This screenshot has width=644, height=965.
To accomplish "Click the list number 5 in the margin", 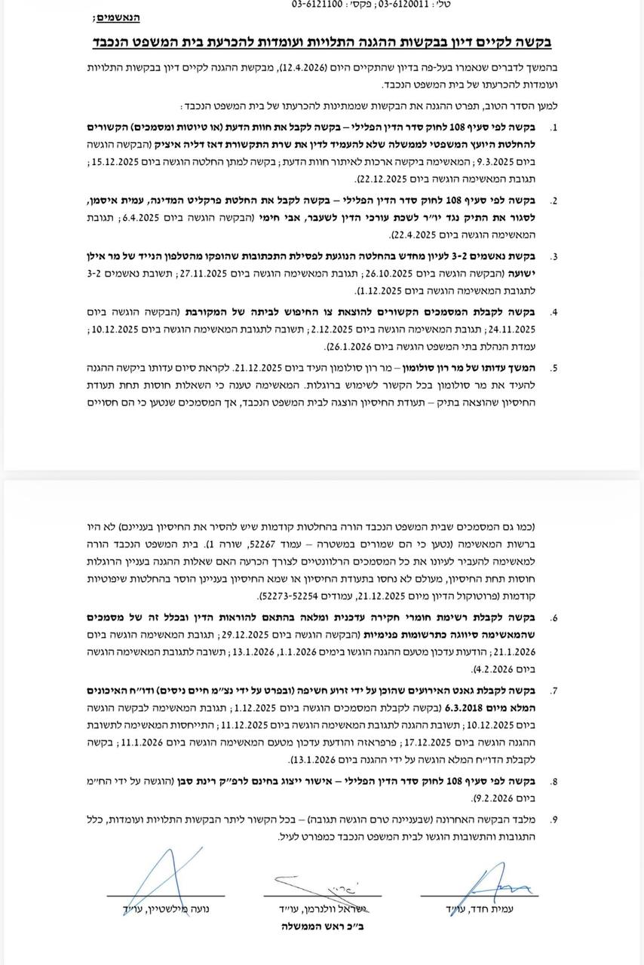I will point(554,369).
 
